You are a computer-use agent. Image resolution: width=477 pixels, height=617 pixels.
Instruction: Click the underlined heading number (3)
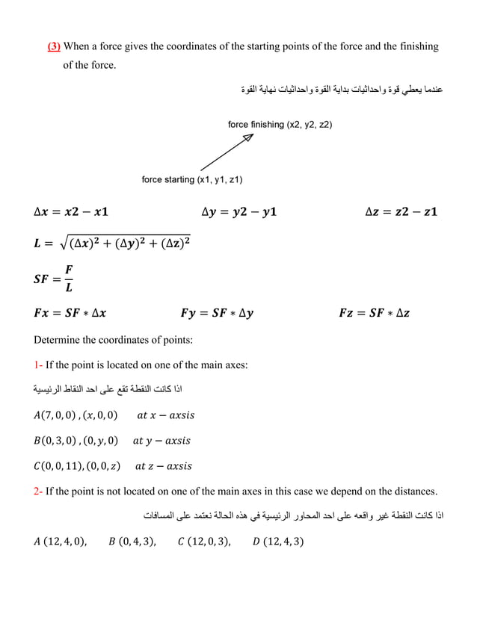click(55, 47)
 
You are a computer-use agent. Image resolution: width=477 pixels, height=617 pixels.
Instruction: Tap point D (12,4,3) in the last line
click(280, 541)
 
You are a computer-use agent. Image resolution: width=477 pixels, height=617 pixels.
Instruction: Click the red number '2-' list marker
click(39, 491)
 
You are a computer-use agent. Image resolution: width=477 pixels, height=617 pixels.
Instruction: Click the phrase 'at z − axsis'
click(163, 466)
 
